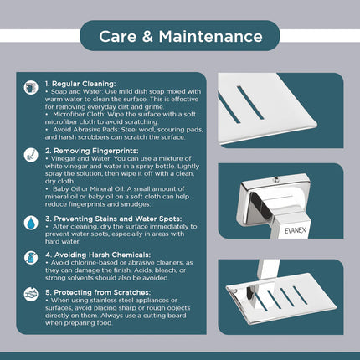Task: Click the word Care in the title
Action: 117,37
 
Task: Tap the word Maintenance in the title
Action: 211,37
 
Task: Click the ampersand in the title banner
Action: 147,37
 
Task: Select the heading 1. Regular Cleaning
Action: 80,84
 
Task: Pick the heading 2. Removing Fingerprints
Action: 92,151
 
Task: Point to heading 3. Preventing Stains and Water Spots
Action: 114,219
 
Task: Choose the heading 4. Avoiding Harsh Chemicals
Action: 98,255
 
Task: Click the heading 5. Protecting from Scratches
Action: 98,292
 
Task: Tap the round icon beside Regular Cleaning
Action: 31,88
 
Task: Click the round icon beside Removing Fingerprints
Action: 31,155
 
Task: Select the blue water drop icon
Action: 31,223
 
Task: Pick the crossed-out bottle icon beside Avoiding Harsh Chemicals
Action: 31,257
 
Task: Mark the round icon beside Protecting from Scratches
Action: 31,295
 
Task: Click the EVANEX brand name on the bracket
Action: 296,230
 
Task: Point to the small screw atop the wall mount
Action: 276,180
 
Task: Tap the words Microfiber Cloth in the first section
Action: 78,115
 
